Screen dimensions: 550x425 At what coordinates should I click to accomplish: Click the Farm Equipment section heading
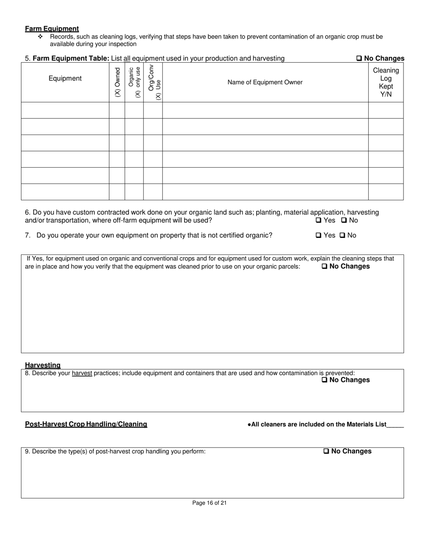click(52, 29)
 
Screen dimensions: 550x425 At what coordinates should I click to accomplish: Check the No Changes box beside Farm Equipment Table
click(359, 59)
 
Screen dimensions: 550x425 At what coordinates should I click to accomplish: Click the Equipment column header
click(65, 79)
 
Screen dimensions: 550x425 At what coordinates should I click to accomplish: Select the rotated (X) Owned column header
click(117, 82)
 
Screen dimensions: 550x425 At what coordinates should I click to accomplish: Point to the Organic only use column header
click(134, 82)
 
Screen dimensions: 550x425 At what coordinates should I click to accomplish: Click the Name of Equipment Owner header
click(265, 82)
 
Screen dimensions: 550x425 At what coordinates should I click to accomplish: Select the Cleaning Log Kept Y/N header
click(386, 82)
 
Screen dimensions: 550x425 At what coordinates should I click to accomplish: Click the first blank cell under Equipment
click(65, 110)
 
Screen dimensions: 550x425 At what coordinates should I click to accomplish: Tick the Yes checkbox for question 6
click(319, 220)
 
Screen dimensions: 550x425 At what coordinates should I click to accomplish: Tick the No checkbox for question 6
click(344, 220)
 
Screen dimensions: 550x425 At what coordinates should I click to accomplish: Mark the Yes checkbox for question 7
click(319, 235)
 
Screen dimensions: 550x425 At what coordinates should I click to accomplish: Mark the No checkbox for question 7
click(342, 235)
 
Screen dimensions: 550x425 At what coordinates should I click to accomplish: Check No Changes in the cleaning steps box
click(324, 267)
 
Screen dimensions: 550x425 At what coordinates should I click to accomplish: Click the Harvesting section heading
click(42, 365)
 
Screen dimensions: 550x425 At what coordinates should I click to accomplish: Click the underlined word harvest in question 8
click(82, 373)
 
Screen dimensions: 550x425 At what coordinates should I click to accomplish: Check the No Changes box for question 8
click(324, 380)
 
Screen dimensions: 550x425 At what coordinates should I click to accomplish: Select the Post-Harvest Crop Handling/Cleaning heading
click(86, 424)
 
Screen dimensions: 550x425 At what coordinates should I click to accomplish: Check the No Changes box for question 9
click(326, 452)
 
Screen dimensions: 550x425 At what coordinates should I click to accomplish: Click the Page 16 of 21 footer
click(209, 503)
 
